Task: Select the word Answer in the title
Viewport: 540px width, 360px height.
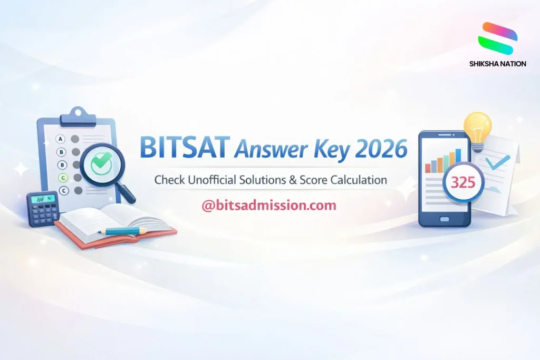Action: tap(271, 150)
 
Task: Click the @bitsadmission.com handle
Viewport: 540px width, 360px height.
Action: tap(269, 206)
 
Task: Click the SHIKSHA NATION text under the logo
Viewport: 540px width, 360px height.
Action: tap(497, 64)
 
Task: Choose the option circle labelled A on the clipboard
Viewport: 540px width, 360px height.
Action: tap(61, 139)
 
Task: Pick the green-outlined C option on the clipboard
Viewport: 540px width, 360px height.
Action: tap(63, 178)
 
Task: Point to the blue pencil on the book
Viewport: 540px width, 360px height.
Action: tap(125, 230)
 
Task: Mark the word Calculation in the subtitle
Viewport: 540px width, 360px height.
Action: tap(359, 180)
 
